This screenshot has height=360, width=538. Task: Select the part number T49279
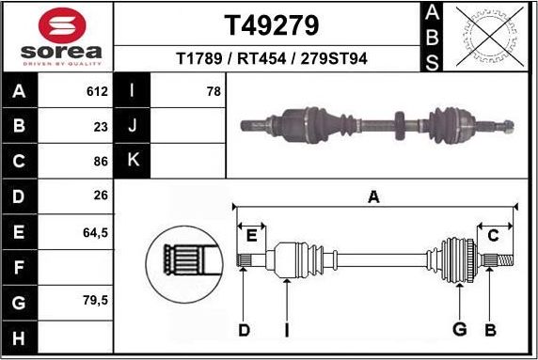(271, 24)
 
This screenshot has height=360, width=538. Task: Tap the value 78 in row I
(213, 91)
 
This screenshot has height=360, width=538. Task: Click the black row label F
(20, 267)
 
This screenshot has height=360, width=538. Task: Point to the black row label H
(20, 337)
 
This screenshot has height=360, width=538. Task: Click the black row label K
(132, 160)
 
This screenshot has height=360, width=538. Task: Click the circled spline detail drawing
(182, 258)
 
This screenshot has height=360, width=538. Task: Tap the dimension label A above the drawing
(373, 196)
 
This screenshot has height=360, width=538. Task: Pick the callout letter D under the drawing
(244, 329)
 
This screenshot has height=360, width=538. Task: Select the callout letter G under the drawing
(460, 329)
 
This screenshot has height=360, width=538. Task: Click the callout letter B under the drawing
(489, 329)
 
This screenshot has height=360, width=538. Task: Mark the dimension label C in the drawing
(492, 235)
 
